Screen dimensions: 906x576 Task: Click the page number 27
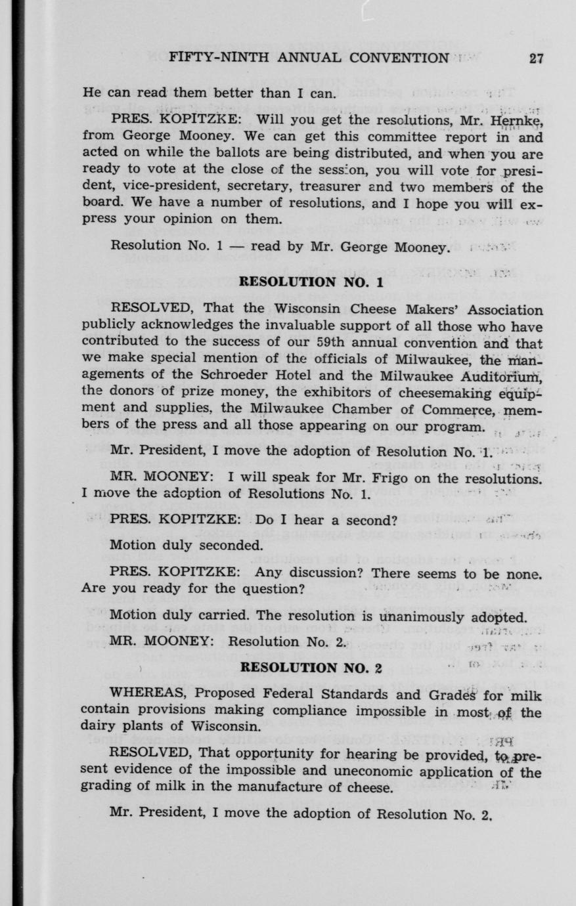(536, 58)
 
